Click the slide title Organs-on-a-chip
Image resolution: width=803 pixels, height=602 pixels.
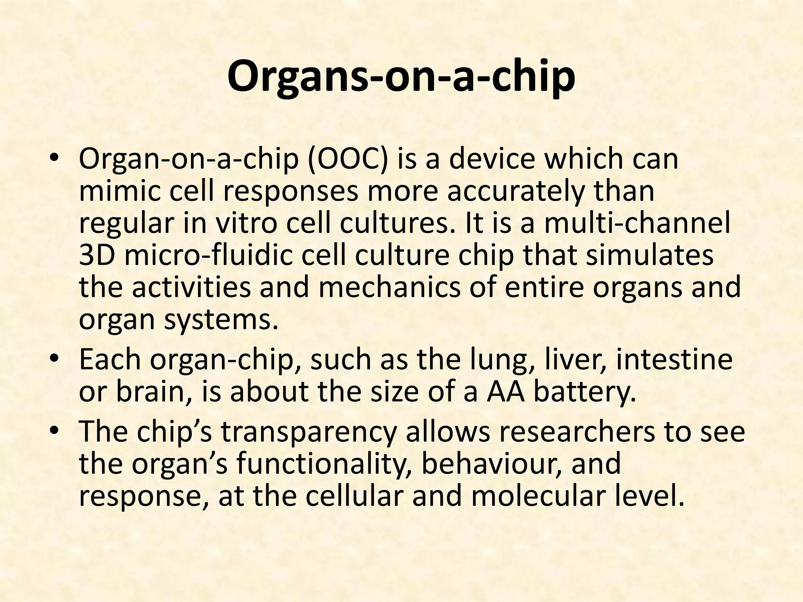[401, 77]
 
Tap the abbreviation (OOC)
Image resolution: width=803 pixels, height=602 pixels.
[347, 160]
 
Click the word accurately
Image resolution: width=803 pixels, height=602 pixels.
[517, 192]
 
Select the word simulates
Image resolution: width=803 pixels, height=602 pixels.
[650, 256]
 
